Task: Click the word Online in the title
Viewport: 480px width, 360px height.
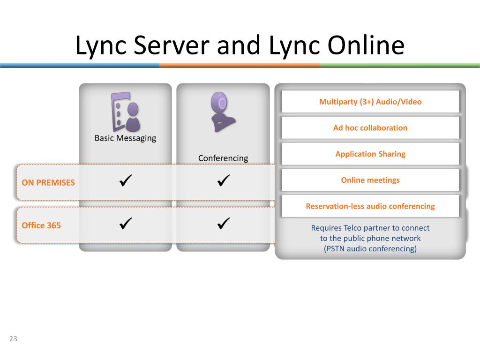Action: (360, 46)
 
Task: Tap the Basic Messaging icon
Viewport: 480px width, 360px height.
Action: (125, 112)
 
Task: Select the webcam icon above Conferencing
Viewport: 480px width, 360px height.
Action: (222, 112)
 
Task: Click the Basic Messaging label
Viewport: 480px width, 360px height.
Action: (125, 138)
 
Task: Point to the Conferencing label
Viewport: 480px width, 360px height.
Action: (223, 158)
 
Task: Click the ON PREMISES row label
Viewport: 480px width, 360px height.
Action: (48, 182)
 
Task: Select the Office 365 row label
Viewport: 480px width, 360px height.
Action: (41, 225)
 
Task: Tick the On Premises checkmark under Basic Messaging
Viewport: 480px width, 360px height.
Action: (126, 180)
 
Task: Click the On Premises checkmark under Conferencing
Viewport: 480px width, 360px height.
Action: (224, 180)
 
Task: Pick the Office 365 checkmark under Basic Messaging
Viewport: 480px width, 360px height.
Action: (126, 224)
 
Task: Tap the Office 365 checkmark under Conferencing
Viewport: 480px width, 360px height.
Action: (224, 224)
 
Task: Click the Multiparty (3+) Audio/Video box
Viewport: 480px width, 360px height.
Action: (370, 102)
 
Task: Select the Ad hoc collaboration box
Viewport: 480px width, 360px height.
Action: (370, 127)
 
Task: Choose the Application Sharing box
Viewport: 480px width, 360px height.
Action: (370, 154)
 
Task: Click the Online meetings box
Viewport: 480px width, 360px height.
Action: (370, 180)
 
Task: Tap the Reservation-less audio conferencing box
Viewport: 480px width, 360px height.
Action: (370, 206)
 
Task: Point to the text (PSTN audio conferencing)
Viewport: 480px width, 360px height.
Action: (370, 248)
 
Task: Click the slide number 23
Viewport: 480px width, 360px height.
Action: (13, 339)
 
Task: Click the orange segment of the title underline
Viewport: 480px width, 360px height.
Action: (239, 66)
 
